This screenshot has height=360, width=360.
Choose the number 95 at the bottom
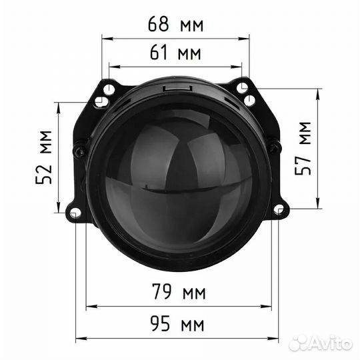[160, 325]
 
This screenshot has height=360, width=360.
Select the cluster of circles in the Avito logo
[297, 343]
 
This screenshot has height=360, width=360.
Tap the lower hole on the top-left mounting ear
[99, 102]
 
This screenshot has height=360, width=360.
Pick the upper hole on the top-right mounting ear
[243, 88]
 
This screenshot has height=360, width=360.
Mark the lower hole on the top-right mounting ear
[250, 100]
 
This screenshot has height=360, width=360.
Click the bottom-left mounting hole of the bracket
[75, 213]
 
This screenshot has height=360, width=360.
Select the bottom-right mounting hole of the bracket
[279, 210]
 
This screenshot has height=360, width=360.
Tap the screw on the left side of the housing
[79, 149]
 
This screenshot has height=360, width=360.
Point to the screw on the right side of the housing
[273, 147]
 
